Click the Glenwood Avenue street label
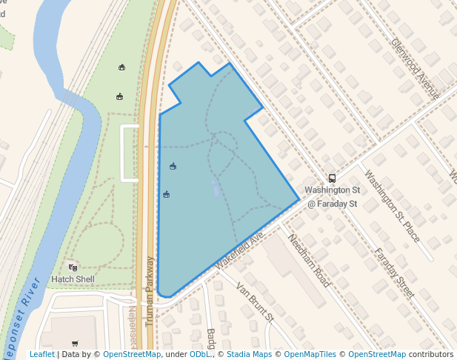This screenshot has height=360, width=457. tap(416, 69)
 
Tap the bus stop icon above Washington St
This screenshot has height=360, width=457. tap(332, 178)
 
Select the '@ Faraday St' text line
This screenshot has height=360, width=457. tap(333, 203)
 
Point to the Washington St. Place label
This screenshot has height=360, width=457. tap(393, 207)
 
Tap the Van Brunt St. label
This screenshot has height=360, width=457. tap(256, 301)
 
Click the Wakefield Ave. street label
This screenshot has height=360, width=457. tap(239, 250)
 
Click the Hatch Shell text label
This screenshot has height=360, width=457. tap(72, 279)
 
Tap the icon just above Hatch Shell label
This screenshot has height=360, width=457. tap(73, 267)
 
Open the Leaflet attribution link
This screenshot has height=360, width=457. tap(41, 354)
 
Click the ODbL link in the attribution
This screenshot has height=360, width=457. tap(199, 354)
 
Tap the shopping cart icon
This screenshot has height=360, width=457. tap(75, 343)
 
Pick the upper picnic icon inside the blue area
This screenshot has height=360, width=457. tap(173, 166)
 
